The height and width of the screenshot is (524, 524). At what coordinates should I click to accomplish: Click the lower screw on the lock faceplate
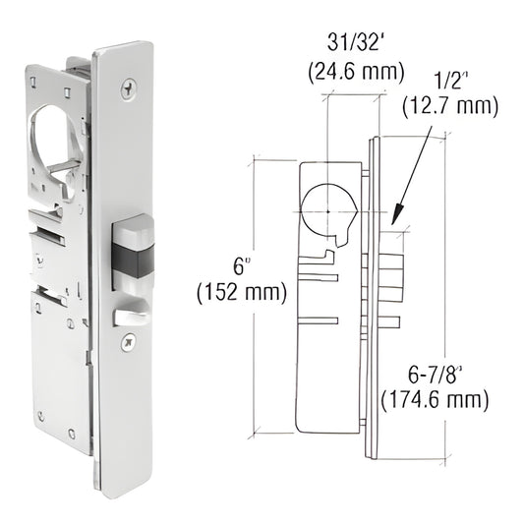[x=126, y=344]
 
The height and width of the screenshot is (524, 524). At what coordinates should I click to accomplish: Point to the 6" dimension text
[x=242, y=265]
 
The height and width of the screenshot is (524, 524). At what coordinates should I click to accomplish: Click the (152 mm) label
[x=242, y=292]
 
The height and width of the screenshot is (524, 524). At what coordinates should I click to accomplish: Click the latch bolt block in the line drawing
[x=391, y=277]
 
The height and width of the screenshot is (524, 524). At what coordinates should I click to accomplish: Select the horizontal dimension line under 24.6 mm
[x=355, y=92]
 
